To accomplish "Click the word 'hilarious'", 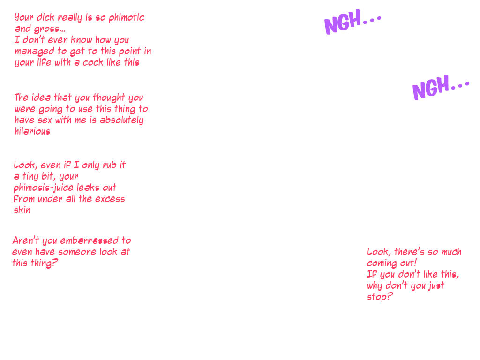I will click(x=32, y=131).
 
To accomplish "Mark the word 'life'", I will click(x=44, y=62).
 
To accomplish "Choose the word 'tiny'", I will click(x=30, y=176).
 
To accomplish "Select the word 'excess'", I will click(x=110, y=199).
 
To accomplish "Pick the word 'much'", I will click(x=451, y=252).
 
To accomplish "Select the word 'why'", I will click(x=375, y=286).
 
